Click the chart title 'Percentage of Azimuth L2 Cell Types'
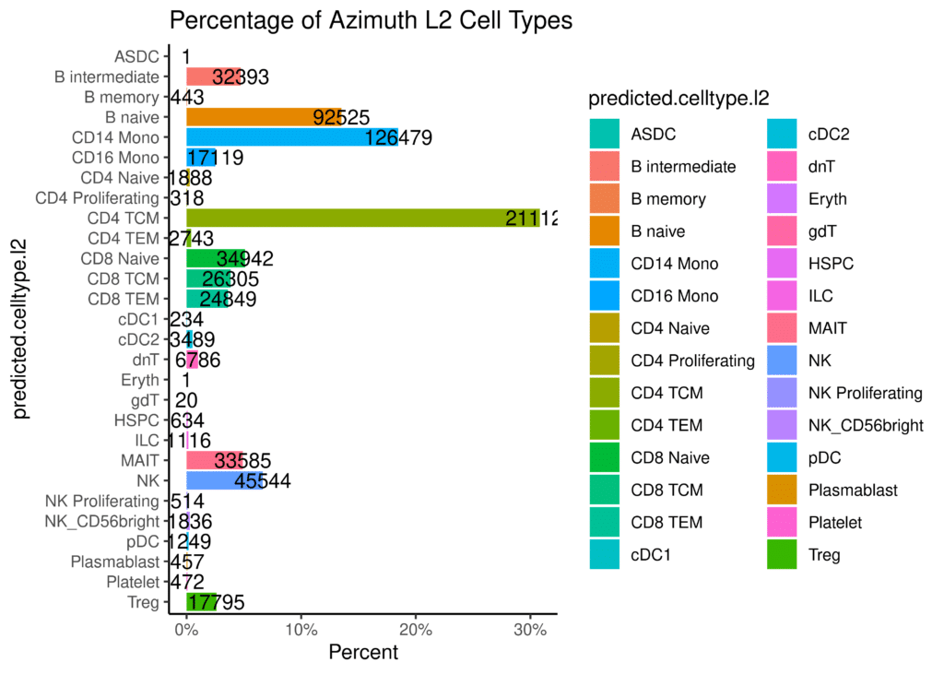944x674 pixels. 371,20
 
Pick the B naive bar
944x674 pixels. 264,117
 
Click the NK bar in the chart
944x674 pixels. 225,480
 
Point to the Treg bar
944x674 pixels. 202,602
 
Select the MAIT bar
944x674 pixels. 215,460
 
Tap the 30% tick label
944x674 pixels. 530,632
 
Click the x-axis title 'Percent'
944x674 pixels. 363,653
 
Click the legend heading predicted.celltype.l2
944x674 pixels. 678,100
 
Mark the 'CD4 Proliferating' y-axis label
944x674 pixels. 97,197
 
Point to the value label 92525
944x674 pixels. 341,117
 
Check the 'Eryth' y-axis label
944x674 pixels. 140,380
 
